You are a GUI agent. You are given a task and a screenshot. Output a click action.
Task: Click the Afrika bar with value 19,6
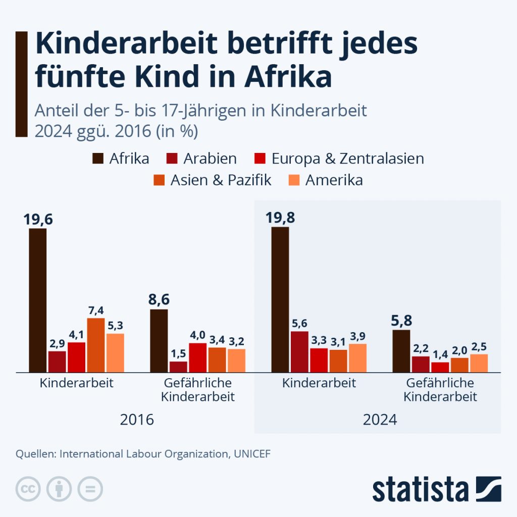coord(38,300)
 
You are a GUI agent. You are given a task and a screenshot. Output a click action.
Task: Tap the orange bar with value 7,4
coord(96,345)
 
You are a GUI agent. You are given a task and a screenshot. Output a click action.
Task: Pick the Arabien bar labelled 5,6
coord(300,352)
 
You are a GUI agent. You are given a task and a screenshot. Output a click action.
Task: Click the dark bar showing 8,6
coord(159,341)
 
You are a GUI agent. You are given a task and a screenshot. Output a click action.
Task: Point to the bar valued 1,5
coord(178,367)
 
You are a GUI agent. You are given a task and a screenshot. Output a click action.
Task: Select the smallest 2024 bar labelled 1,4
coord(440,367)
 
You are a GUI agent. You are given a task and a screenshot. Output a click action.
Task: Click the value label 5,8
coord(401,320)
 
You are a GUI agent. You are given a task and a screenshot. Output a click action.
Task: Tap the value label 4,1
coord(76,334)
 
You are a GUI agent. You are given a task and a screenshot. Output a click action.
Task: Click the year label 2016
coord(137,420)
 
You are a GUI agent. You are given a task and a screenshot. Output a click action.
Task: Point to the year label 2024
coord(380,420)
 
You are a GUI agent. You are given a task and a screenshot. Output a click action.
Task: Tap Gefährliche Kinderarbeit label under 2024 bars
coord(440,390)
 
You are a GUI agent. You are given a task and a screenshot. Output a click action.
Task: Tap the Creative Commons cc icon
coord(28,489)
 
